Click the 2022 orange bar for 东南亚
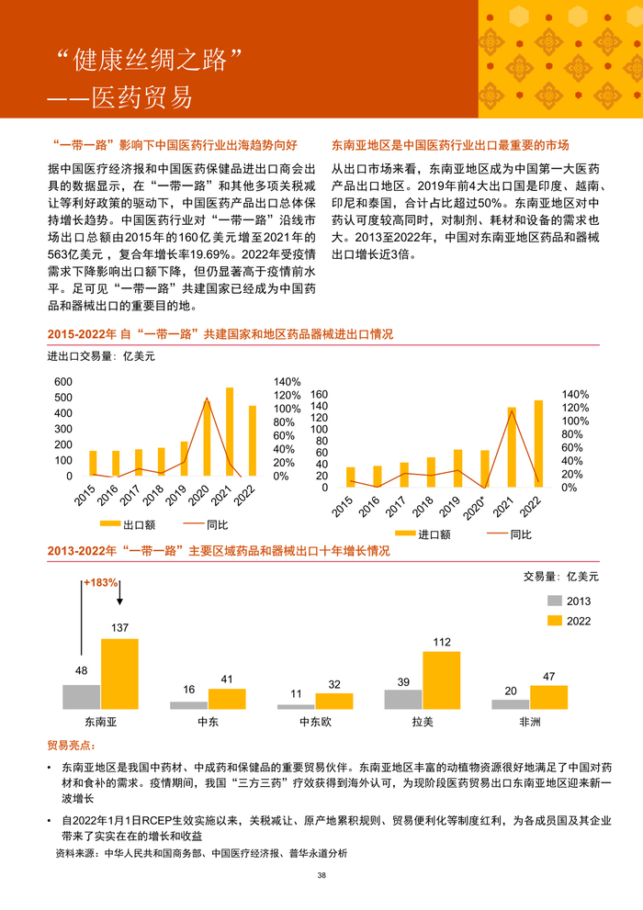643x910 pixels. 119,674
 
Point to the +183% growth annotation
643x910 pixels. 101,582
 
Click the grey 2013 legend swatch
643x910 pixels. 556,601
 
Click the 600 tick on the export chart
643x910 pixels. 63,382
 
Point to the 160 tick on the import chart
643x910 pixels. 320,394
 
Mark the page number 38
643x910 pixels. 321,876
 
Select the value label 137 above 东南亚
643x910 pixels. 119,628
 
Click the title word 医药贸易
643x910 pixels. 146,95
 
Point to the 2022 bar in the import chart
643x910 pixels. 538,443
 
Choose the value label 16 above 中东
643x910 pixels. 189,691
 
